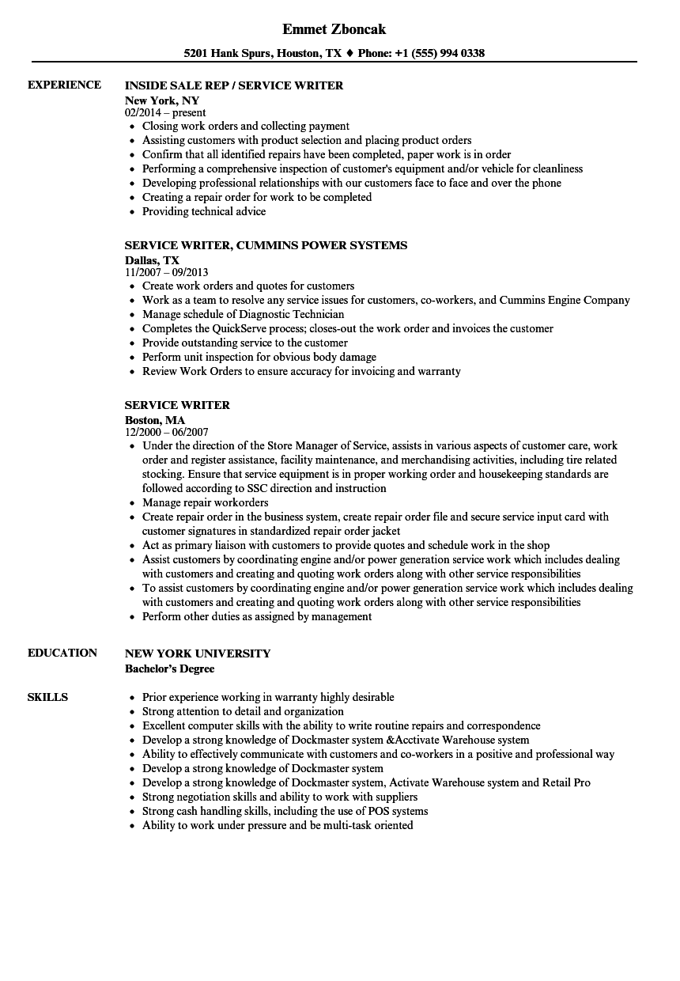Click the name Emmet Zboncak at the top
334,29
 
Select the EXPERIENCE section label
64,85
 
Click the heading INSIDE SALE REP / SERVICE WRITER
234,85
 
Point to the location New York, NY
162,100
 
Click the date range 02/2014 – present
165,113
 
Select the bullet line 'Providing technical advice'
204,212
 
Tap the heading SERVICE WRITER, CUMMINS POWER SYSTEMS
266,245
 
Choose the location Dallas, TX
153,260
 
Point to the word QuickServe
240,329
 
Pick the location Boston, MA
155,420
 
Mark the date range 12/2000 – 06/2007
167,433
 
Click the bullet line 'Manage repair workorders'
205,503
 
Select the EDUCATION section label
62,653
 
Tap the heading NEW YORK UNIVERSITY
198,653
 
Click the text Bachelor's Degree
170,669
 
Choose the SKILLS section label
47,698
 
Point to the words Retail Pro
566,783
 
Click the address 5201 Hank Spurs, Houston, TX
263,54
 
